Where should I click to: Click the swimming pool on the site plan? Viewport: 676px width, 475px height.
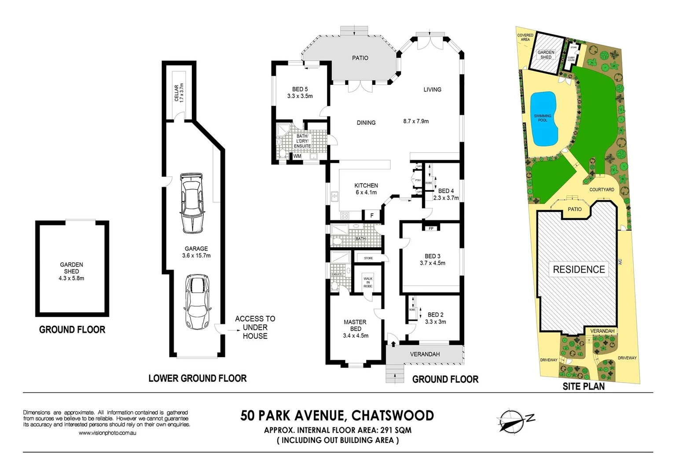point(544,119)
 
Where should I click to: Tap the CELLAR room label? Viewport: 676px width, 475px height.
point(179,93)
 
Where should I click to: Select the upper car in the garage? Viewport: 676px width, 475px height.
point(192,203)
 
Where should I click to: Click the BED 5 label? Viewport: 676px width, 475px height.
point(300,92)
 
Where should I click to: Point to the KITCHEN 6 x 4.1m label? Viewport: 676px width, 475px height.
point(366,189)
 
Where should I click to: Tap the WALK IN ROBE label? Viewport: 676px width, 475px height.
point(368,282)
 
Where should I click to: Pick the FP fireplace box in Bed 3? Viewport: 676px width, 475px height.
point(431,228)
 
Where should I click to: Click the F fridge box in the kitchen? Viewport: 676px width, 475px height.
point(372,216)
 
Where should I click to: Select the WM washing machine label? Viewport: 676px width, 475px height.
point(298,156)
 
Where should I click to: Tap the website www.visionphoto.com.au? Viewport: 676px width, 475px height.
point(107,433)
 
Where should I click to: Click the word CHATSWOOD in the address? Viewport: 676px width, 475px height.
point(393,415)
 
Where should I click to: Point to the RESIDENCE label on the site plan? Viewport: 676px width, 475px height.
point(579,269)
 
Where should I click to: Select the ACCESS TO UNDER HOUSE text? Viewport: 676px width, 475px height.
point(255,327)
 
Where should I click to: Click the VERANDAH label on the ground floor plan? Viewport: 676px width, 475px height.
point(425,354)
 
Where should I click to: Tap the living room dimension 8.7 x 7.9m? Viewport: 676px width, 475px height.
point(416,121)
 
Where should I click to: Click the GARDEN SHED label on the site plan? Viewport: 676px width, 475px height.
point(546,55)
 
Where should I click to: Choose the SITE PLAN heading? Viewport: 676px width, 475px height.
point(584,386)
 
